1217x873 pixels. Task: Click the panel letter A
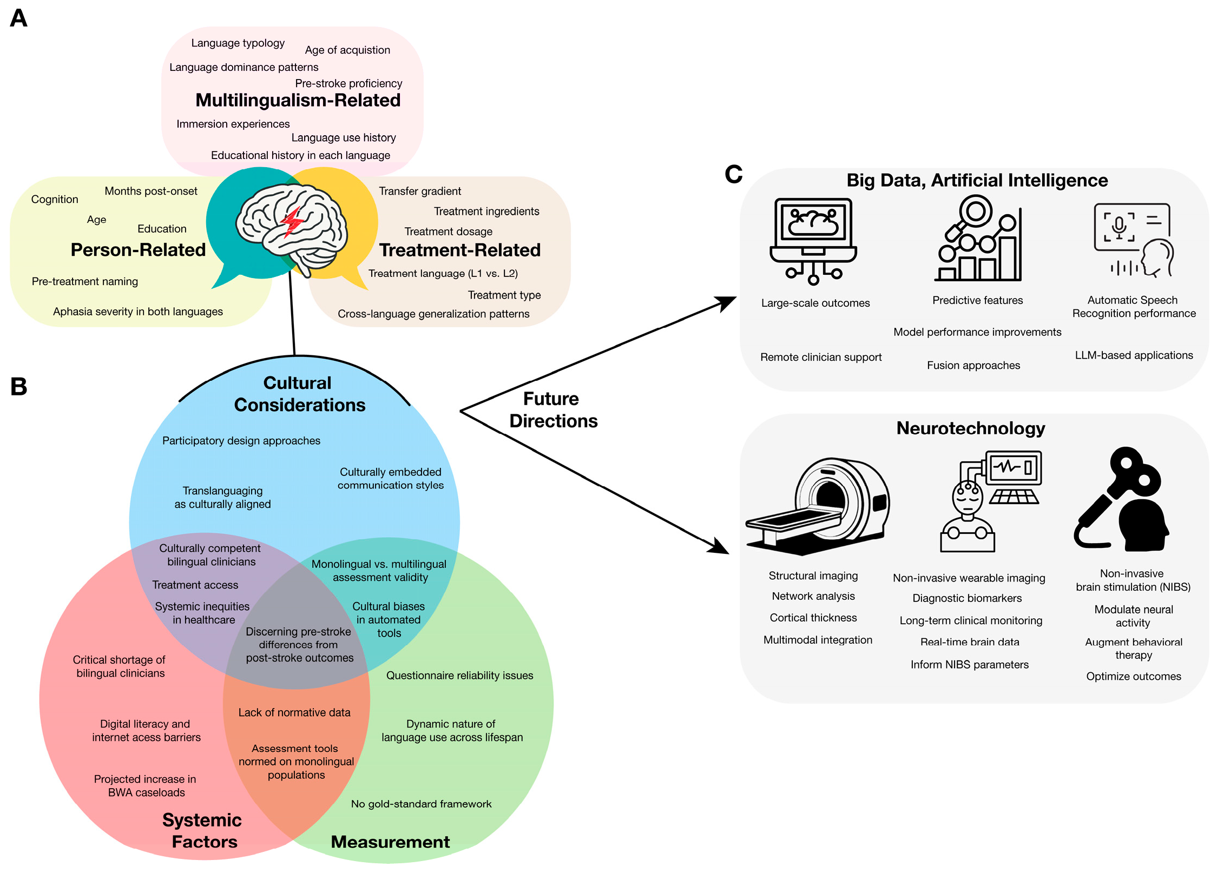(18, 18)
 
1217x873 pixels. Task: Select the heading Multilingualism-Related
(298, 101)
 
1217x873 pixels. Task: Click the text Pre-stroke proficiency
(348, 83)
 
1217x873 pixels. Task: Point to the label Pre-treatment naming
(85, 281)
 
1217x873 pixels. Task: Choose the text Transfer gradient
(420, 191)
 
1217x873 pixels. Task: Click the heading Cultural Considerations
(299, 394)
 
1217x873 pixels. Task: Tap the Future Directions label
(552, 410)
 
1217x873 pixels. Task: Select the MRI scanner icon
(817, 506)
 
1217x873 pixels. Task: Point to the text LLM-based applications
(1134, 355)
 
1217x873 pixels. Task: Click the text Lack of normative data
(294, 712)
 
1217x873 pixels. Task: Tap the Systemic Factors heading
(203, 831)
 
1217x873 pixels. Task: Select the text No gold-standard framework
(421, 804)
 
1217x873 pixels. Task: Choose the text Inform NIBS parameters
(969, 664)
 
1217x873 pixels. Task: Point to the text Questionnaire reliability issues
(459, 675)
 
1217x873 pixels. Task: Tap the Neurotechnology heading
(970, 428)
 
